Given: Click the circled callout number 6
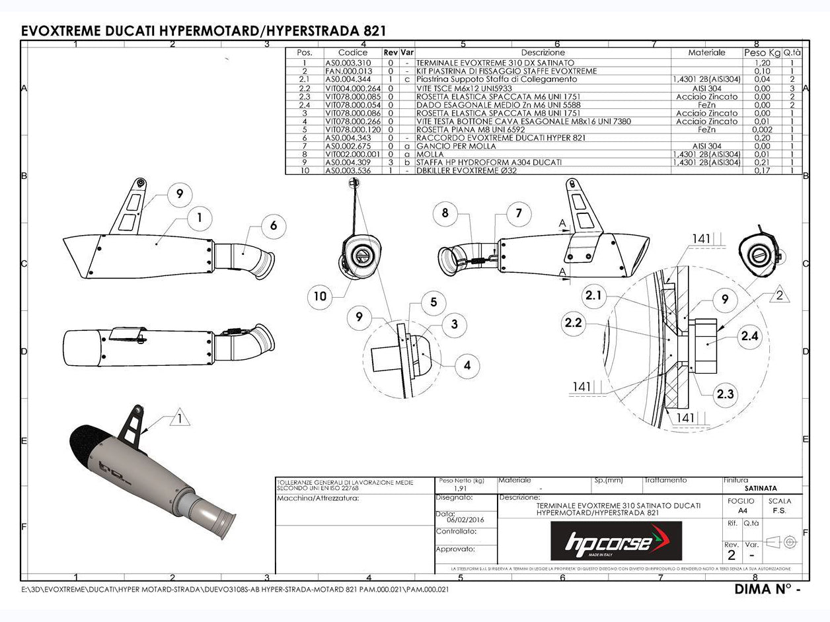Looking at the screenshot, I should point(273,226).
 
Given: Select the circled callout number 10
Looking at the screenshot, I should point(321,296).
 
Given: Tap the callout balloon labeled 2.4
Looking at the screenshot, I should point(749,336).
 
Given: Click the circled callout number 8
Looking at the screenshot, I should point(445,213).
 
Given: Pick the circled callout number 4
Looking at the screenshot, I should point(467,364).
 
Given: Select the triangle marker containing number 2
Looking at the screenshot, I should point(780,296).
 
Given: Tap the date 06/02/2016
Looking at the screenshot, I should point(460,520).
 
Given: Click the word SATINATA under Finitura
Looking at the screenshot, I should point(760,489).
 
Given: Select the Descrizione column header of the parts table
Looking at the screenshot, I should point(543,52).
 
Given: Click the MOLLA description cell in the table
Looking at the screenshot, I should point(430,154).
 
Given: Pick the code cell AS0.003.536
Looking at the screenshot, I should point(348,170).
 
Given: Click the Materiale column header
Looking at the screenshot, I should point(706,52).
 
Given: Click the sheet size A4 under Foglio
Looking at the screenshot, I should point(743,510).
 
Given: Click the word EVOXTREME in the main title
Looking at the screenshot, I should point(61,31).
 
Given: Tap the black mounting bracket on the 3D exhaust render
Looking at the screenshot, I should point(133,423).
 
